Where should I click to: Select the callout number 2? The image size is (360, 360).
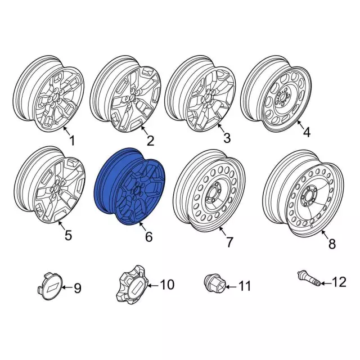point(150,139)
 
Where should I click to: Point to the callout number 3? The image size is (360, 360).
point(226,138)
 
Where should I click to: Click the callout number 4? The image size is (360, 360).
point(307,133)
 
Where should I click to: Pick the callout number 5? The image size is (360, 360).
point(68,236)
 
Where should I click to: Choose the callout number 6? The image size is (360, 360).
point(148,237)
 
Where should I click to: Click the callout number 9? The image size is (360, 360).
point(78,289)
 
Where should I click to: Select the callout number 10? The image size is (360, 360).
point(168,285)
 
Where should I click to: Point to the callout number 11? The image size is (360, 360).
point(243,287)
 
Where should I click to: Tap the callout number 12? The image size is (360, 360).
point(340,282)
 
